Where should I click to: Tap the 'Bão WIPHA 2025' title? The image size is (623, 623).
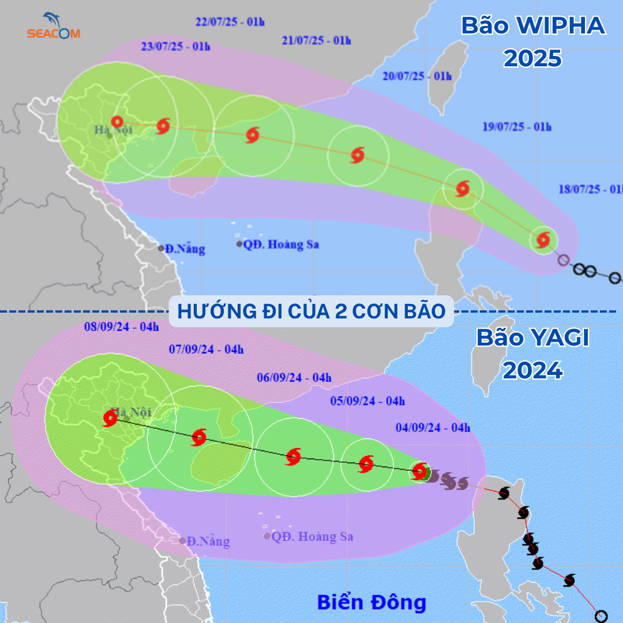click(x=532, y=42)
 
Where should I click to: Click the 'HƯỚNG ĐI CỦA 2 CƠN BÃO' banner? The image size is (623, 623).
click(x=311, y=311)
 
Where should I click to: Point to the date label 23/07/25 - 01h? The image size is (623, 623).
click(x=175, y=47)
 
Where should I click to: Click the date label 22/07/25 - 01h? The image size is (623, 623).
click(x=230, y=22)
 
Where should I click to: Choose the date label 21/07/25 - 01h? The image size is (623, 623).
click(x=317, y=40)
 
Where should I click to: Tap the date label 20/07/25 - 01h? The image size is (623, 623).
click(x=416, y=76)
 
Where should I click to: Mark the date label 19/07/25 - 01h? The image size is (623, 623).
click(x=516, y=127)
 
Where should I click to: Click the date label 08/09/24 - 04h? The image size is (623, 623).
click(x=121, y=326)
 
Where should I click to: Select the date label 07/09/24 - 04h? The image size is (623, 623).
click(x=207, y=349)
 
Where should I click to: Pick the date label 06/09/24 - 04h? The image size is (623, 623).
click(x=294, y=378)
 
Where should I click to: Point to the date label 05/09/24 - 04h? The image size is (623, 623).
click(x=367, y=401)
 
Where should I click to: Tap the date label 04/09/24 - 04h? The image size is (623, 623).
click(x=433, y=427)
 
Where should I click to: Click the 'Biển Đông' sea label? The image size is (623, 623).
click(x=371, y=602)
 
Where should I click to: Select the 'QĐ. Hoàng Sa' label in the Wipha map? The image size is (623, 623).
click(x=281, y=245)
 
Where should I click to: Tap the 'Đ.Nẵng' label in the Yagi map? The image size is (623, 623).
click(x=208, y=542)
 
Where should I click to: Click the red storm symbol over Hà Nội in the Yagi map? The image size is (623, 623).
click(x=110, y=418)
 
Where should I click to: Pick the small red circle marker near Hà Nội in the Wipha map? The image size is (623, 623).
click(x=117, y=122)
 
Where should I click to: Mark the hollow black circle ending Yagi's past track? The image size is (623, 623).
click(x=601, y=616)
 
